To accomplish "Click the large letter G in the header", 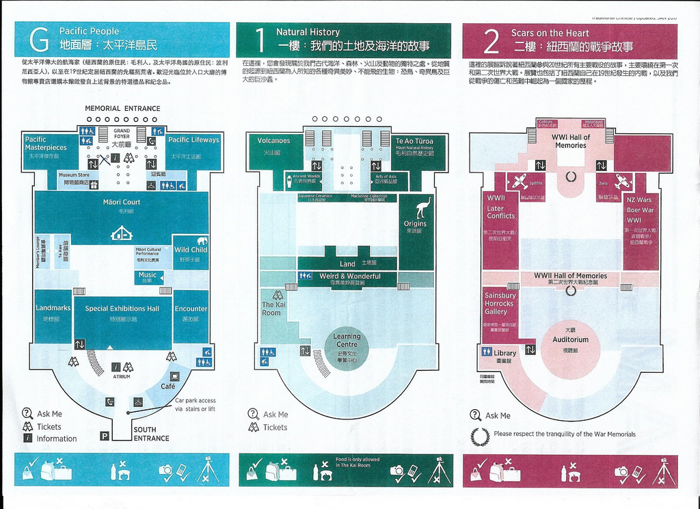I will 40,40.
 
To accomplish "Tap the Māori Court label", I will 122,203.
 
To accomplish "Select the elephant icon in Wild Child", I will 202,241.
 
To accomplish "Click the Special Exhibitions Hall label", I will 122,309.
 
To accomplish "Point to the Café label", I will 168,387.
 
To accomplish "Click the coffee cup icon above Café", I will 175,376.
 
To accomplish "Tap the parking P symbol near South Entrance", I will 105,435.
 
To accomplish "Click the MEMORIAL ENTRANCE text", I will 122,108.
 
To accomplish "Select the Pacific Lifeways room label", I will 193,140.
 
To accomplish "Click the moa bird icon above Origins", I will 423,207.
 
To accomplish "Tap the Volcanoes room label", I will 273,141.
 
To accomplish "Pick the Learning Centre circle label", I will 347,340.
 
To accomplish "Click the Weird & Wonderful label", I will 351,276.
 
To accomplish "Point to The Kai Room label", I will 271,309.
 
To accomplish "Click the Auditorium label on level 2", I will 570,340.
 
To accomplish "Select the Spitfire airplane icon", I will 520,182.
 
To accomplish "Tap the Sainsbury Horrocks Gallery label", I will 500,304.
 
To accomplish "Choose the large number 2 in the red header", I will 490,41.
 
